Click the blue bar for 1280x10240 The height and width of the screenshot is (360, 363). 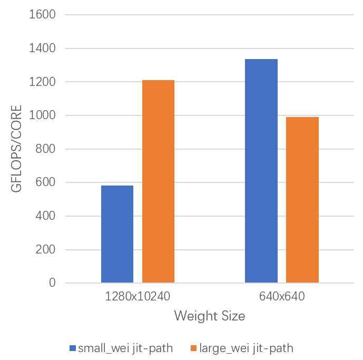point(117,234)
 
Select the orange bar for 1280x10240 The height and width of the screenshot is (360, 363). point(158,181)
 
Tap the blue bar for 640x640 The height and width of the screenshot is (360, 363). point(261,171)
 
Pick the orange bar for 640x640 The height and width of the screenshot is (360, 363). point(302,200)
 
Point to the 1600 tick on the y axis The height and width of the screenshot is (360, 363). point(42,15)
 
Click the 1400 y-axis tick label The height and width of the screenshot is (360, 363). point(42,48)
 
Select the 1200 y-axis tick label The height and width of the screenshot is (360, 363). point(42,82)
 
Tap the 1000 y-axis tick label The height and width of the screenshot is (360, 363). point(42,115)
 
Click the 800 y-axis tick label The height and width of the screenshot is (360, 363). point(45,149)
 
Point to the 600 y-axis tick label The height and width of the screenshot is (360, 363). point(45,182)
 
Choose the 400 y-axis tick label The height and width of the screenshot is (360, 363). point(45,216)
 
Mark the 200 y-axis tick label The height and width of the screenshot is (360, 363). point(45,250)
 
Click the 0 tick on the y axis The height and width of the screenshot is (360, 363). point(52,283)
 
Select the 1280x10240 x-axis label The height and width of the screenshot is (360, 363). point(138,297)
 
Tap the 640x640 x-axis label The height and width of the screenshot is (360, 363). point(282,297)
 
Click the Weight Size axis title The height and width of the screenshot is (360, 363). point(210,316)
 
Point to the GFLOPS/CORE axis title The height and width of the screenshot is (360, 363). point(17,149)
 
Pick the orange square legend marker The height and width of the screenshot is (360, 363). point(193,348)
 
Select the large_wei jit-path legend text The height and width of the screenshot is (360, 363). point(246,348)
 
